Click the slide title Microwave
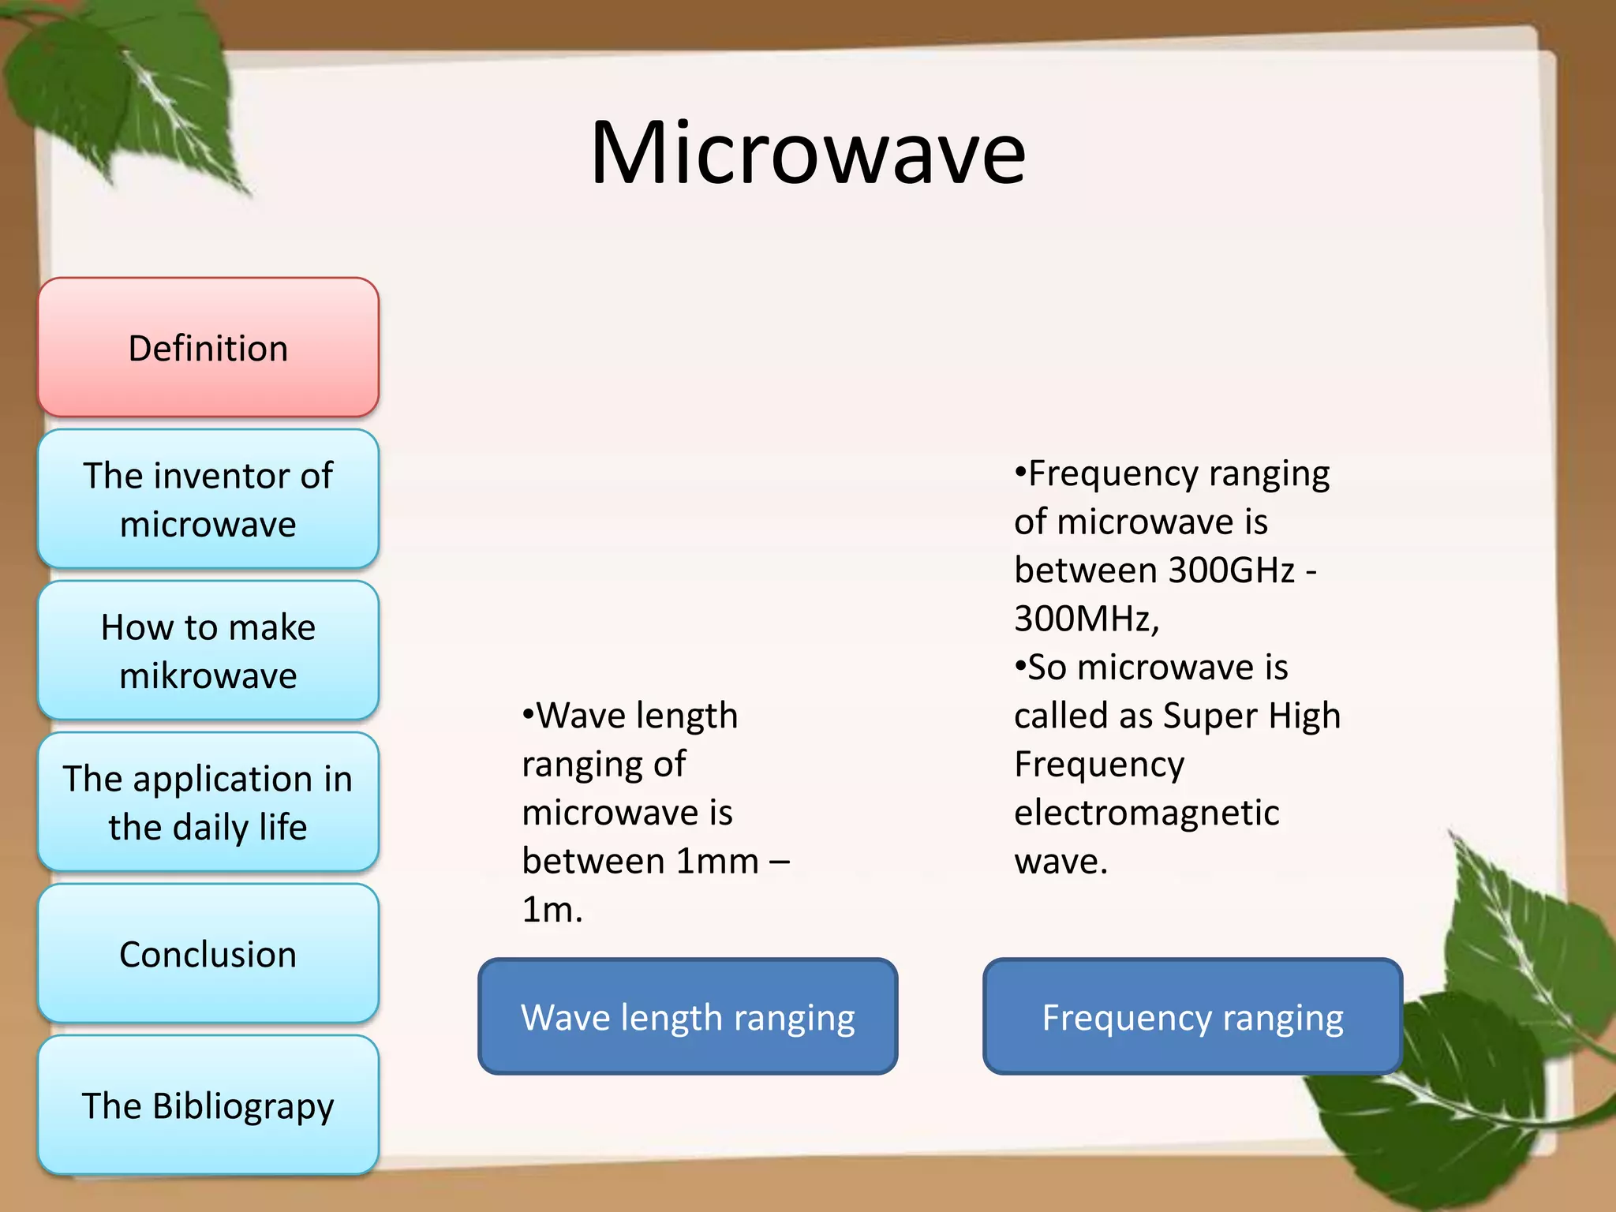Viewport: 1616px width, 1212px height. [807, 153]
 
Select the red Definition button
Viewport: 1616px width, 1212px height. [208, 347]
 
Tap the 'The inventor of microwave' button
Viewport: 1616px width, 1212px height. [208, 499]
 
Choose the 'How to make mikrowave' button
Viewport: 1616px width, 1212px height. [208, 650]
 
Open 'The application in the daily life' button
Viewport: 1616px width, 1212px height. [208, 802]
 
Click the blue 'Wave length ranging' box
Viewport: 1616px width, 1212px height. [687, 1016]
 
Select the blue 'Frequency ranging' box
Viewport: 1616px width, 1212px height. [1192, 1016]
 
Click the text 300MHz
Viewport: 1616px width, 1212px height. [1085, 619]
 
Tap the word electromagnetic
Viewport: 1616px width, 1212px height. [1146, 813]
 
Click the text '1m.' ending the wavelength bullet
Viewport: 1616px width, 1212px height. [552, 910]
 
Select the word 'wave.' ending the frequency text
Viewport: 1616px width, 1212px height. [1060, 862]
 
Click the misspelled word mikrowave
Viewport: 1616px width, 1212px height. [208, 676]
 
